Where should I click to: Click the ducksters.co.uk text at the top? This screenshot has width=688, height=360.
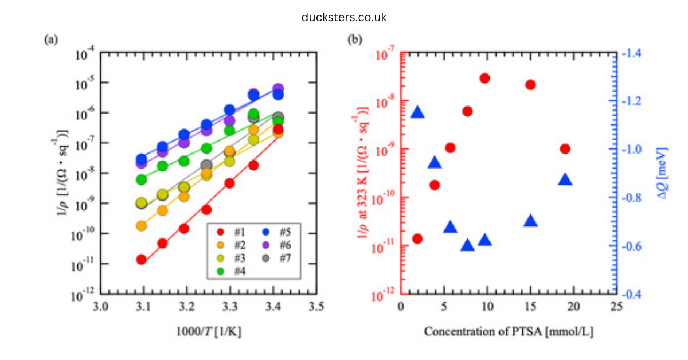[344, 17]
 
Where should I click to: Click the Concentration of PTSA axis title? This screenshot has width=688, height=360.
[507, 331]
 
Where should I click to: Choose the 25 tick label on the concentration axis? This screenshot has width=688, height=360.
[616, 307]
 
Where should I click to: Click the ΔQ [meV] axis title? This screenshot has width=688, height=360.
[659, 174]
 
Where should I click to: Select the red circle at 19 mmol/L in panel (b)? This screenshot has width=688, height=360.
[565, 149]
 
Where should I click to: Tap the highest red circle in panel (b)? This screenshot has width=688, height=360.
[485, 79]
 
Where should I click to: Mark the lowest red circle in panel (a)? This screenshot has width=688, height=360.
[141, 260]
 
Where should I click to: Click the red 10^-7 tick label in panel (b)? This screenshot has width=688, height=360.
[385, 56]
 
